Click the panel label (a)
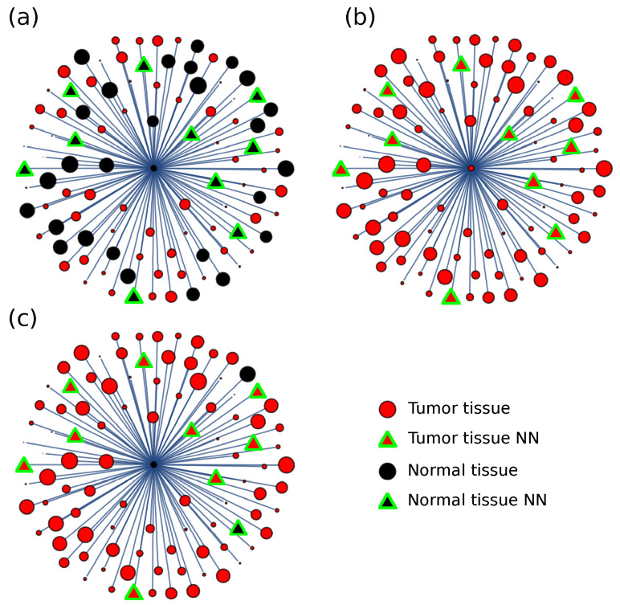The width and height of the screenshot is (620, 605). tap(22, 18)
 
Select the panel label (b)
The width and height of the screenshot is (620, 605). tap(360, 18)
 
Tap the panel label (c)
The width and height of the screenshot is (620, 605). tap(22, 318)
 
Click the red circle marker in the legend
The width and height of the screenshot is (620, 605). tap(388, 409)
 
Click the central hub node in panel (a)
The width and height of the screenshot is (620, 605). tap(153, 168)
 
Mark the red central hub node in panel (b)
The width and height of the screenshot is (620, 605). tap(471, 168)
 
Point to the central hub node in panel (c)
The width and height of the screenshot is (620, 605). tap(153, 464)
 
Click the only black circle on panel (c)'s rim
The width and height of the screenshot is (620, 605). tap(247, 374)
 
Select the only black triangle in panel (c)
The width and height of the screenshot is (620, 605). tap(238, 528)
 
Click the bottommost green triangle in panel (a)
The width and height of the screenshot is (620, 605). tap(134, 296)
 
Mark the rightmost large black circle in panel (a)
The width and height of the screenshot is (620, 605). tap(286, 168)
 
